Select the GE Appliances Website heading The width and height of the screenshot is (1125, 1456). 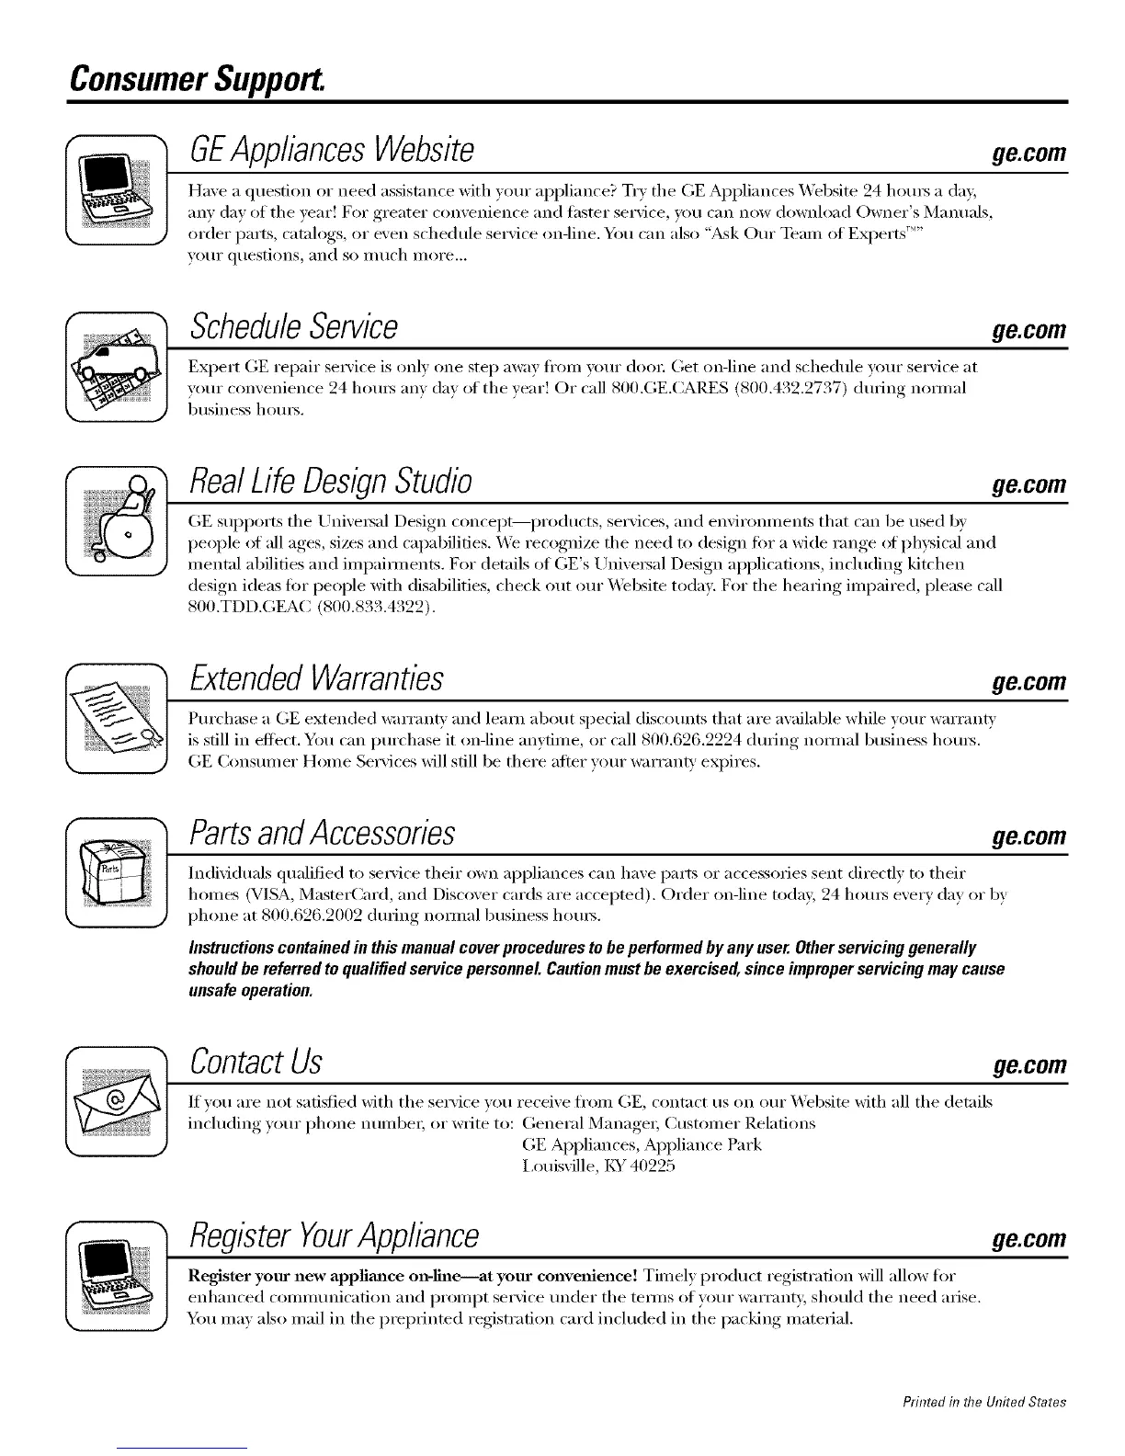coord(331,149)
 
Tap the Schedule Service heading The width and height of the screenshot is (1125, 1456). coord(293,326)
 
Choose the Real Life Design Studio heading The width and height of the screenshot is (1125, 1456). coord(330,481)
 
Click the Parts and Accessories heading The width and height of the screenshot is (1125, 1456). coord(321,833)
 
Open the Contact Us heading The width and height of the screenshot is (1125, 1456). coord(255,1062)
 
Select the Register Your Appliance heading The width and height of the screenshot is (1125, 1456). coord(333,1235)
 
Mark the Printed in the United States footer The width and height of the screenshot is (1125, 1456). coord(984,1402)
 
